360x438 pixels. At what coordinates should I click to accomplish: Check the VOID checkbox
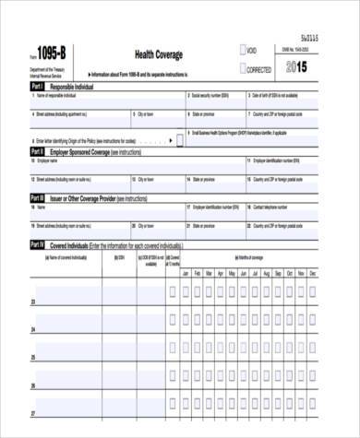[x=242, y=51]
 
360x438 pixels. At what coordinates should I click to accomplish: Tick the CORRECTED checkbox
[x=242, y=68]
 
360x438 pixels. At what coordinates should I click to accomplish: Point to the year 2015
[x=296, y=67]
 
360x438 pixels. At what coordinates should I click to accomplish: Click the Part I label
[x=37, y=85]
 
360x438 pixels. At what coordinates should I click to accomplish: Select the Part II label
[x=37, y=149]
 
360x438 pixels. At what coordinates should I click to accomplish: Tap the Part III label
[x=37, y=197]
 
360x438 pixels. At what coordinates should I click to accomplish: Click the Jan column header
[x=185, y=275]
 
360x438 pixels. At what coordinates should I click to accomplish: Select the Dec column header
[x=311, y=275]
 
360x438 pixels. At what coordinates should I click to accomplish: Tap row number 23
[x=35, y=302]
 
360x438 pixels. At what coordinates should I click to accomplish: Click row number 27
[x=35, y=413]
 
